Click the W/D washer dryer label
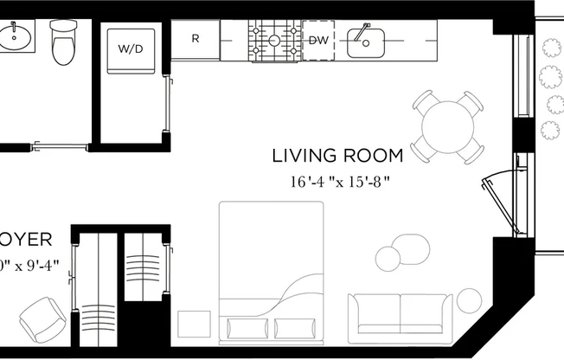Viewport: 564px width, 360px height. click(131, 49)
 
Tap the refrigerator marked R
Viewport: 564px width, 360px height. click(195, 40)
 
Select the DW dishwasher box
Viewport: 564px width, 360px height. click(318, 40)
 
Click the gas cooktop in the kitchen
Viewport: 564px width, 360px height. click(272, 40)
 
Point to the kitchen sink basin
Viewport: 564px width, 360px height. click(368, 41)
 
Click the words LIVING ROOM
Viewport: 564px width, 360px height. click(337, 156)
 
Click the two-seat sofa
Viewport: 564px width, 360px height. click(400, 318)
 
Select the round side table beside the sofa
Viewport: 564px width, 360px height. click(469, 301)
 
